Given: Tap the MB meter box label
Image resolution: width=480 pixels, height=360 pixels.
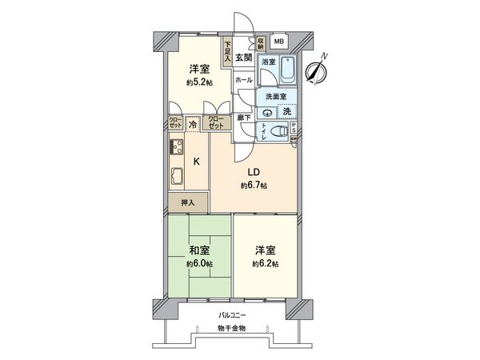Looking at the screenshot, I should click(x=279, y=42).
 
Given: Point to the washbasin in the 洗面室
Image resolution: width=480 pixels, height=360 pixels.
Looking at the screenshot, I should click(x=267, y=111).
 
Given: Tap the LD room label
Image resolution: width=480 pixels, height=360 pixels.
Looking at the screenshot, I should click(x=252, y=173).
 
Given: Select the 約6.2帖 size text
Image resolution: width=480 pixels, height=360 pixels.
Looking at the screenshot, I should click(x=265, y=264).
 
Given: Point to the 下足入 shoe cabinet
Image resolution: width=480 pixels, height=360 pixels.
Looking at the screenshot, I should click(x=227, y=53).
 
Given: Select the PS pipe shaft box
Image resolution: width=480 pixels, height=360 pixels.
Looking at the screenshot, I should click(x=294, y=129).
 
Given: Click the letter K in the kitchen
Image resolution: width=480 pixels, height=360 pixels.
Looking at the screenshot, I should click(x=197, y=161).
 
